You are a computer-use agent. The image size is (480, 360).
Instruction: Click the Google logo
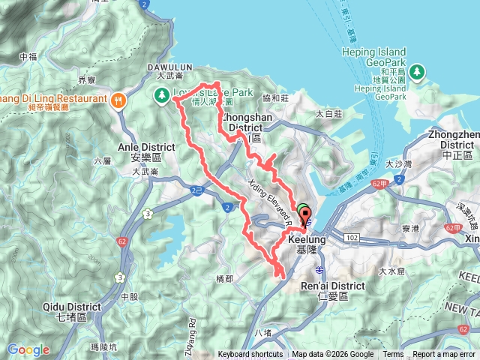28,349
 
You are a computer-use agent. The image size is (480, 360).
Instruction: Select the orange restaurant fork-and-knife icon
118,100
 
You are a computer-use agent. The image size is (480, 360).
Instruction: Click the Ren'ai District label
332,291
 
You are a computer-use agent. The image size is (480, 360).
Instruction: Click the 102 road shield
352,237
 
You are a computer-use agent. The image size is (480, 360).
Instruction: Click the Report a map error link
445,355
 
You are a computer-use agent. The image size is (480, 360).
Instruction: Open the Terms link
393,355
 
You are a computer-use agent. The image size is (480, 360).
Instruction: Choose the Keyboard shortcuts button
250,355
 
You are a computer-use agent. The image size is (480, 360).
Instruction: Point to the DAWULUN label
174,66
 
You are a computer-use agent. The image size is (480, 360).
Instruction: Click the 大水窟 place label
391,271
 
